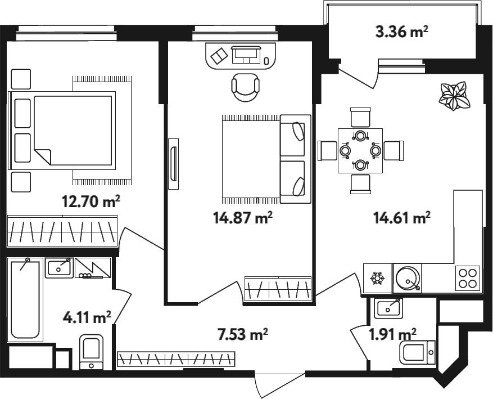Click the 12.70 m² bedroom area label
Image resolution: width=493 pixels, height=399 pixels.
point(91,201)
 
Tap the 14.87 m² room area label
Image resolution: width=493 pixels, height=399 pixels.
point(243,217)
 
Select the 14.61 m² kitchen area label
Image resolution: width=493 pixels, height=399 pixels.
point(402,217)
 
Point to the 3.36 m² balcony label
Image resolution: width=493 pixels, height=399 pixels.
point(402,32)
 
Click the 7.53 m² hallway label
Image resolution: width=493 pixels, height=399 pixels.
point(243,334)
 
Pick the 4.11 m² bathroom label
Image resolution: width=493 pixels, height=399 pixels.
point(87,317)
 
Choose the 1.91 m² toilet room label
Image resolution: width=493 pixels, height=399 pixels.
point(393,334)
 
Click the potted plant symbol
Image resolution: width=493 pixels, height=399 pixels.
point(455,96)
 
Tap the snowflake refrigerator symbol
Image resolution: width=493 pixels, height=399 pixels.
point(376,279)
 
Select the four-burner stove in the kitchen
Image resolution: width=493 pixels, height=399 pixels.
point(468,278)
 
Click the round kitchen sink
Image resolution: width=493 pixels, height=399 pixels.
point(408,278)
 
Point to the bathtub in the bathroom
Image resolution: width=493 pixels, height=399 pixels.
point(25,300)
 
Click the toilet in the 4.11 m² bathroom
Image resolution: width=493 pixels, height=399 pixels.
point(92,352)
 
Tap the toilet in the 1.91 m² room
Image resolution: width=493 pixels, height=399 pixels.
point(418,352)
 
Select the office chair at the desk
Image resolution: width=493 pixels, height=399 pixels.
point(246,87)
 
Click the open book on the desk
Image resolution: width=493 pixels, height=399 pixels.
point(219,56)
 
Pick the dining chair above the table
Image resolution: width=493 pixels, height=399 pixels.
point(361,117)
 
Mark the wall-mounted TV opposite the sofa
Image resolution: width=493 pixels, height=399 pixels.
point(173,164)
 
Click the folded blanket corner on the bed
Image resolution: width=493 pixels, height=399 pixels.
point(43,156)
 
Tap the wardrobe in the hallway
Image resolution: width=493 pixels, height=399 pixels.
point(176,360)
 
